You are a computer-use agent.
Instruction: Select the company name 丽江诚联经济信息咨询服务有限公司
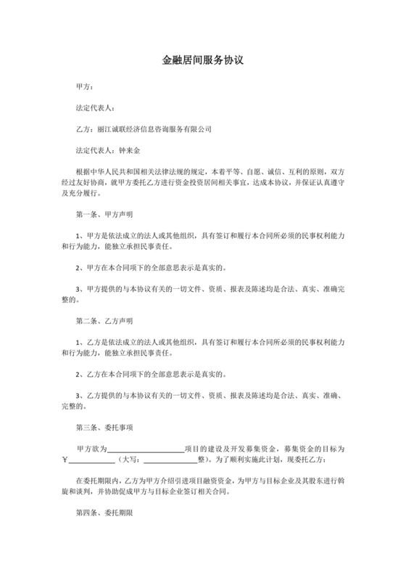click(154, 129)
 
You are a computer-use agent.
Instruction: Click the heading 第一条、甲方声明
click(104, 215)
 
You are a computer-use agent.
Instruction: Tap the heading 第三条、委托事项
click(104, 426)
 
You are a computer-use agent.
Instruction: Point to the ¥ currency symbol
click(65, 460)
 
